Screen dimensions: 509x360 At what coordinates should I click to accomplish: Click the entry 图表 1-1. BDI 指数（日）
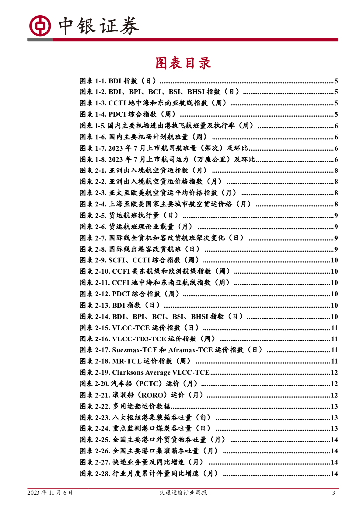(118, 81)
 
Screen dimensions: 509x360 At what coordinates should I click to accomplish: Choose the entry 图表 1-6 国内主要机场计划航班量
(144, 137)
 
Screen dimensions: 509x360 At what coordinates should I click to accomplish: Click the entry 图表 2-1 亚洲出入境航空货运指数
(144, 170)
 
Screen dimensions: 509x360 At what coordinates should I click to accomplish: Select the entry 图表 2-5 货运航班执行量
(129, 215)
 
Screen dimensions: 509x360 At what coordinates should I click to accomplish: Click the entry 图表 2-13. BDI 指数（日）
(119, 305)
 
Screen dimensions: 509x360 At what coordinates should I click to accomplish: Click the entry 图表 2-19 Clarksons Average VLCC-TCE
(145, 372)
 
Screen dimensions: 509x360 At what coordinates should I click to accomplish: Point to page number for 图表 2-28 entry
(334, 474)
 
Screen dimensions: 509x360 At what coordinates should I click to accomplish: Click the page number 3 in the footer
(334, 493)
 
